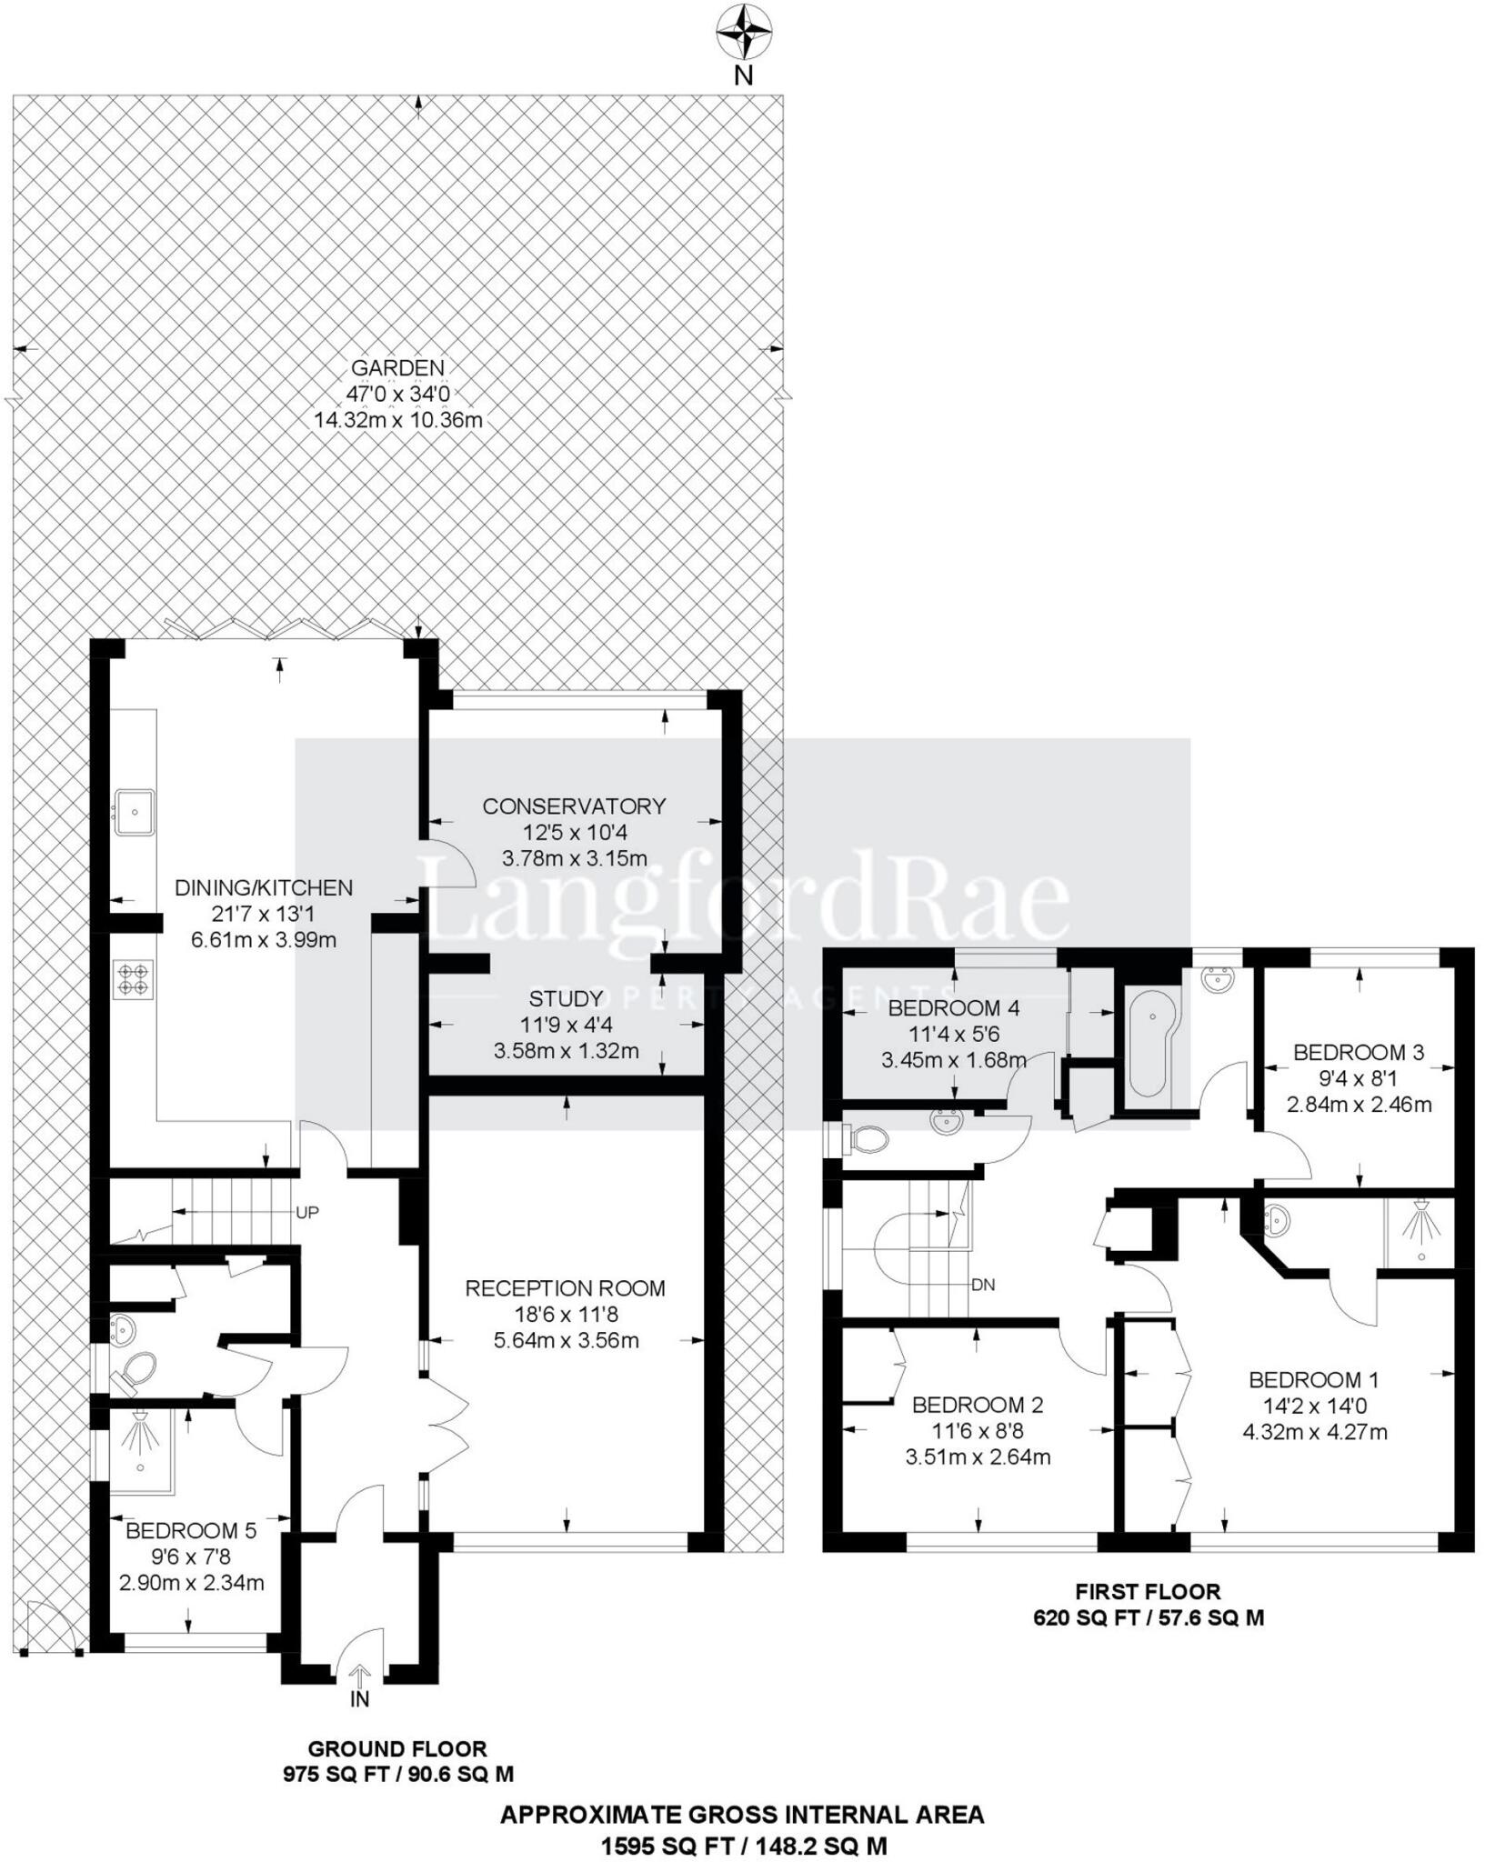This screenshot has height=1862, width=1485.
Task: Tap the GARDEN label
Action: [397, 368]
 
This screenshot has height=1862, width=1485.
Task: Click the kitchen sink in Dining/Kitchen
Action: [134, 811]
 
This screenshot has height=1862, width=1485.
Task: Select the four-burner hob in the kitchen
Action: [133, 979]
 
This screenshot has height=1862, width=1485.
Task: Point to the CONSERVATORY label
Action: [574, 806]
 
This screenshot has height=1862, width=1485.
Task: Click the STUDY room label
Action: [566, 999]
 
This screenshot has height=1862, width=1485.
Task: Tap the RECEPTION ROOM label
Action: [565, 1288]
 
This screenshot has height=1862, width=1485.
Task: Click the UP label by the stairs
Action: [307, 1213]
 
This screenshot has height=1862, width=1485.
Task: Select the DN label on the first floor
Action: [983, 1285]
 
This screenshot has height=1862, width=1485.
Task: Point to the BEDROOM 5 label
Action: [191, 1531]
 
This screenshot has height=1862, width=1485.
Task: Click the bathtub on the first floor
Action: [1151, 1044]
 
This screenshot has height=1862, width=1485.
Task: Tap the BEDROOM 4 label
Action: [953, 1007]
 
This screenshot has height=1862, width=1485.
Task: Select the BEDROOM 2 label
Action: [978, 1405]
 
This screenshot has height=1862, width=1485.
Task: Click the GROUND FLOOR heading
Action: [397, 1724]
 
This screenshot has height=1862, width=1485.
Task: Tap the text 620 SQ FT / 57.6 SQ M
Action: [1148, 1617]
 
